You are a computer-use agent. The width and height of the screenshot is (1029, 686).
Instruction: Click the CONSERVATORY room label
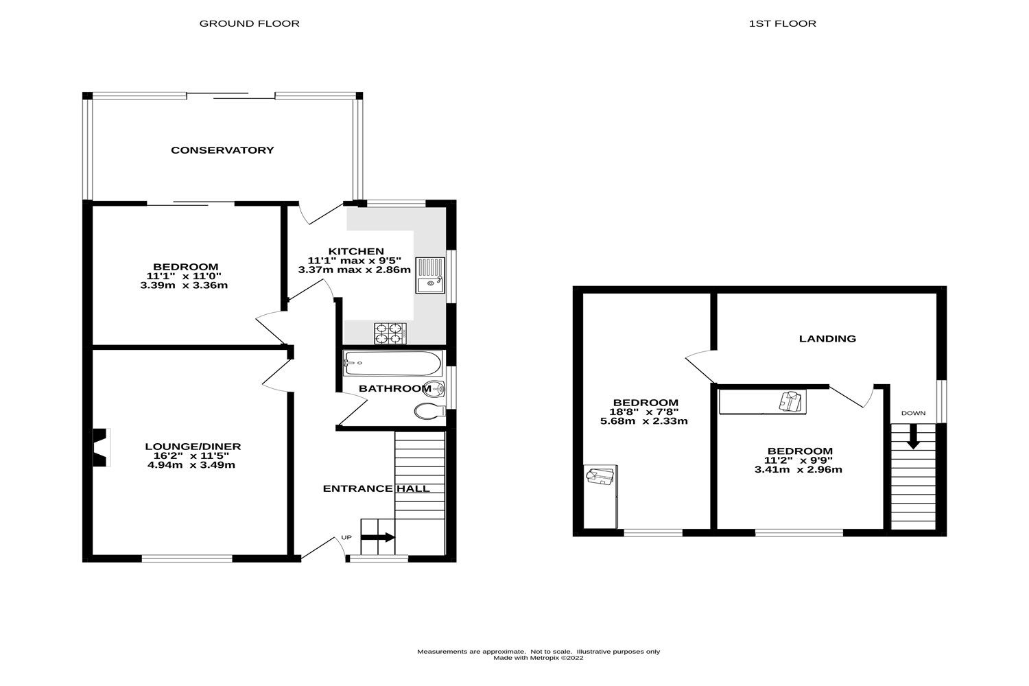pyautogui.click(x=222, y=150)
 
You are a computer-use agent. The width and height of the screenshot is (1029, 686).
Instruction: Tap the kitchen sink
pyautogui.click(x=430, y=276)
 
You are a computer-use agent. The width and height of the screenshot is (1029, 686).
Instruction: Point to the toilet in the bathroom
pyautogui.click(x=430, y=411)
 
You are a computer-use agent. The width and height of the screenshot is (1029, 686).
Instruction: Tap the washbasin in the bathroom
pyautogui.click(x=436, y=389)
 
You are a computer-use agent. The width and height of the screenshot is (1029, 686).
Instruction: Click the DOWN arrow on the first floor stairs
pyautogui.click(x=913, y=437)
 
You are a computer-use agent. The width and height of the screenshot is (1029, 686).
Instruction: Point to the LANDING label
pyautogui.click(x=827, y=338)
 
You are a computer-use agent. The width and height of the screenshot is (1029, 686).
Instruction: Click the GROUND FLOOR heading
pyautogui.click(x=249, y=23)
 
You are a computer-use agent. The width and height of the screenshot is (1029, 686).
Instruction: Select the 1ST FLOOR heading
pyautogui.click(x=782, y=23)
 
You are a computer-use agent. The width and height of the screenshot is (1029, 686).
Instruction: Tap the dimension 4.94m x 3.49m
pyautogui.click(x=191, y=464)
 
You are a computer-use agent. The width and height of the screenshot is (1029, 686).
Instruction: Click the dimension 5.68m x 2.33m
pyautogui.click(x=643, y=421)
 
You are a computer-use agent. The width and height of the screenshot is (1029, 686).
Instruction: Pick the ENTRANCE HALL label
pyautogui.click(x=376, y=488)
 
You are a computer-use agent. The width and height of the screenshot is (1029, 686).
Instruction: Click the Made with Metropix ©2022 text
pyautogui.click(x=539, y=658)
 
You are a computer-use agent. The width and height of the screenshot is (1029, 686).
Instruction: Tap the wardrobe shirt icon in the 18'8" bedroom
pyautogui.click(x=600, y=475)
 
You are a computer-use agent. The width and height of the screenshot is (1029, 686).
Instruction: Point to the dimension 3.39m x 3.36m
pyautogui.click(x=184, y=285)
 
